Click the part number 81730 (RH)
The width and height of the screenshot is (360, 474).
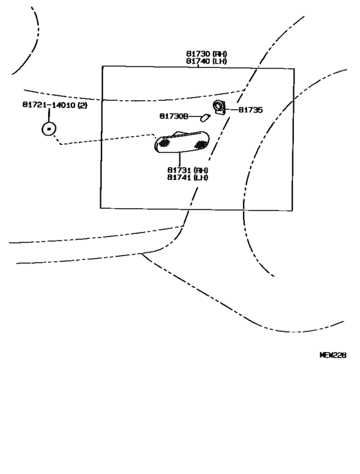pos(207,53)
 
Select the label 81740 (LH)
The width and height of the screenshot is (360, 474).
pos(207,61)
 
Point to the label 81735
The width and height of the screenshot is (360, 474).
pos(250,110)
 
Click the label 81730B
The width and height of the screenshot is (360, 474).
pos(174,116)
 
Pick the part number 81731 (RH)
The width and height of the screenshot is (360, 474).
pos(188,170)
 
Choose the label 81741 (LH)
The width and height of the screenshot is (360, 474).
pos(188,178)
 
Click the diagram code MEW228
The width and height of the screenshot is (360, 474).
pos(333,354)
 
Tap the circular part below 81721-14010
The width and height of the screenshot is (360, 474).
pos(48,130)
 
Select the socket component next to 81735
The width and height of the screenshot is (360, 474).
pos(220,107)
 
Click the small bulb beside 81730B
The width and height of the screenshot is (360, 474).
pos(205,117)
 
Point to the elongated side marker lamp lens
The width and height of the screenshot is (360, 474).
pos(183,144)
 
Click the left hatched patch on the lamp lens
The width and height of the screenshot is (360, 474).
pos(165,145)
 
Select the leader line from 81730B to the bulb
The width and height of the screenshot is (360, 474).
pos(194,116)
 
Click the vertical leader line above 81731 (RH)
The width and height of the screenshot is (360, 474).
pos(179,160)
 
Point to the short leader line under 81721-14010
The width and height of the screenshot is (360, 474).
pos(48,115)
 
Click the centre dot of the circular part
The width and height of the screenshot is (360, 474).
pos(48,130)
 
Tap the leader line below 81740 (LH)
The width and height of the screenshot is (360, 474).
pos(198,66)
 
